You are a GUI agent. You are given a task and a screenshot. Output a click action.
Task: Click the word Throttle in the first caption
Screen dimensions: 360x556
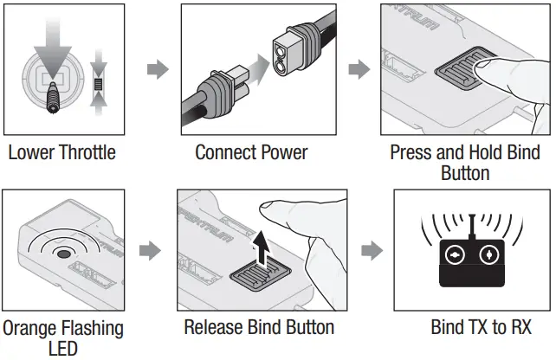[85, 153]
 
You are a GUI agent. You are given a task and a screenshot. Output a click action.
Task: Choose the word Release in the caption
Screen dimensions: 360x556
[215, 328]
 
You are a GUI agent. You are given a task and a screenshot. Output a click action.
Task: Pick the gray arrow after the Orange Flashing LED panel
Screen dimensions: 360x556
[151, 251]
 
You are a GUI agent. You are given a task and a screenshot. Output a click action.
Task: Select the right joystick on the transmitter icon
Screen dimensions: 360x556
[490, 256]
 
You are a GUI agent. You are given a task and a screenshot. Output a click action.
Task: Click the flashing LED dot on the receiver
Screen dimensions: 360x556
[61, 256]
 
